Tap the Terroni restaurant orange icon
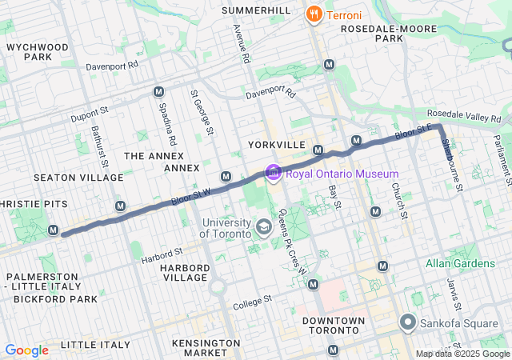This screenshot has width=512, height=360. coord(314,14)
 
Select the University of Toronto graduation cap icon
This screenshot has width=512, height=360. coord(263,229)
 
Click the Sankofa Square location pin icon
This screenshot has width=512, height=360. coord(408,323)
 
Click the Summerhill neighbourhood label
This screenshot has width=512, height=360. coord(256,10)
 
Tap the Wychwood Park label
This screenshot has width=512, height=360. coord(38,52)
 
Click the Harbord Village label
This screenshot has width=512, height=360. coord(184,272)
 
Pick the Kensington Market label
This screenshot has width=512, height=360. coord(206,348)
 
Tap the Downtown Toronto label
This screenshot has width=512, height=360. coord(334,326)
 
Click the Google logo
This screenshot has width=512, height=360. coord(26,350)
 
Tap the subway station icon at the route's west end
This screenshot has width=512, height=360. coord(54,230)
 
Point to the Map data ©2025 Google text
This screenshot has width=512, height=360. coord(462,354)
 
